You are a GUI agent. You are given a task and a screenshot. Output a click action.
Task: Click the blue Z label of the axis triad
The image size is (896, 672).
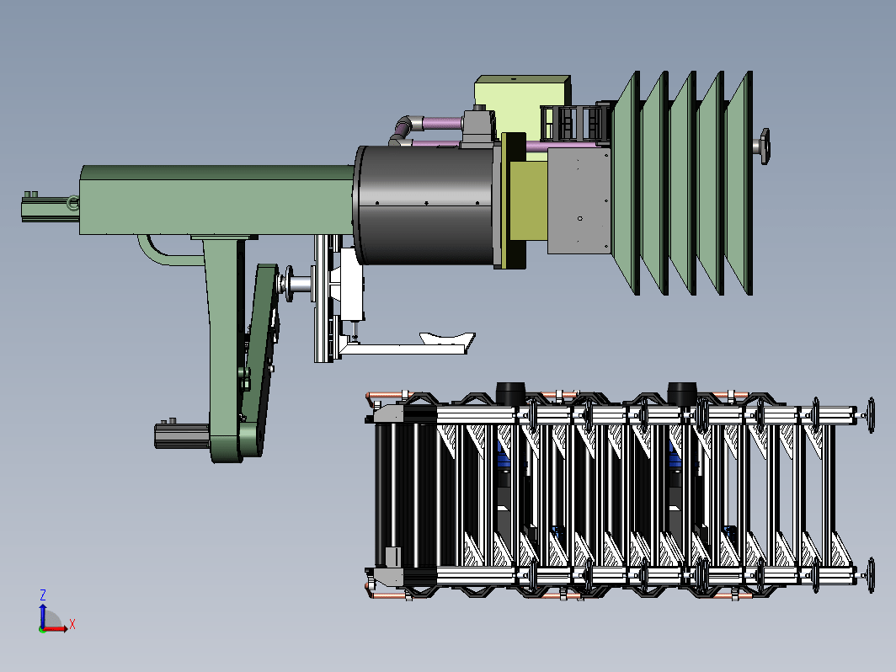tap(42, 595)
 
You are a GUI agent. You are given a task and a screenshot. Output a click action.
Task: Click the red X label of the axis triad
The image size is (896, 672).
tap(72, 625)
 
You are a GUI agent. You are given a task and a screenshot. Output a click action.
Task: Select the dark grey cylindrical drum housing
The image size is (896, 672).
tap(425, 205)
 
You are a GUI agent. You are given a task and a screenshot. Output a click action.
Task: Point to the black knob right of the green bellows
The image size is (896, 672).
tap(764, 147)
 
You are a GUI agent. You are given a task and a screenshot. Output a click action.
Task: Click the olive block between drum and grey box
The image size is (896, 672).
tap(527, 200)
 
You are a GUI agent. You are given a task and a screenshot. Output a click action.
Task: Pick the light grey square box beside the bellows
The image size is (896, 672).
tap(579, 200)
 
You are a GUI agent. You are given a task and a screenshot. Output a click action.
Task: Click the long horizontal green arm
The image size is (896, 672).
tap(217, 200)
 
